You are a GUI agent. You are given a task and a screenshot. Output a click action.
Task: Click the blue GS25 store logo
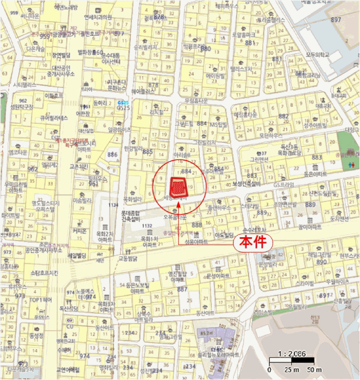click(123, 103)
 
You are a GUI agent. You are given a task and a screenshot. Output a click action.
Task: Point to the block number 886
click(113, 155)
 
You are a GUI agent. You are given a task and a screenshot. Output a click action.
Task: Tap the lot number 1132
click(147, 225)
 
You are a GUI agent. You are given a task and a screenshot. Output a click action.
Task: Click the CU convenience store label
click(70, 326)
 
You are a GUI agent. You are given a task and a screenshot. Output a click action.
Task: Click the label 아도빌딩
click(224, 235)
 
